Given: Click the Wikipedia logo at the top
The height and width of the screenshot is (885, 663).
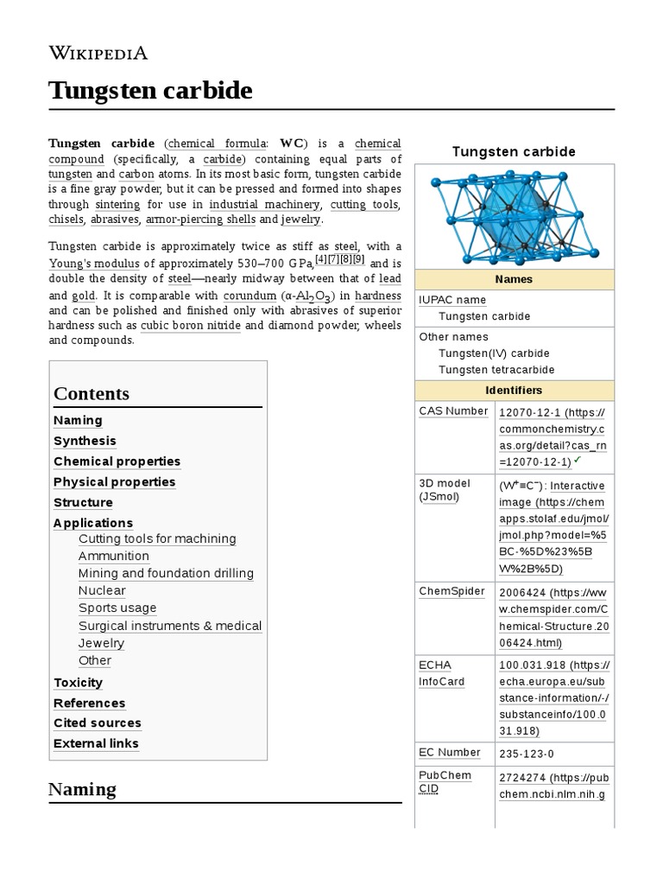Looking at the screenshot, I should pos(98,53).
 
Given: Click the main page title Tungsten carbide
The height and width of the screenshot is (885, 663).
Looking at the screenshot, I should pos(151,90).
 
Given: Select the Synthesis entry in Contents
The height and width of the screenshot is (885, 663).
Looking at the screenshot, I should pos(85,441).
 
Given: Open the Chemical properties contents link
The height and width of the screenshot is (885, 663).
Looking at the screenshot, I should pos(117,462).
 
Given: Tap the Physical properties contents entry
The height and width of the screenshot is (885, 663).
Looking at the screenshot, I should pos(114,482).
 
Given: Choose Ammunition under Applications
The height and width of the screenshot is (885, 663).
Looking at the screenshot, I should pos(113,557).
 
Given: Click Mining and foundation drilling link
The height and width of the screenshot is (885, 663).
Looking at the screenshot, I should pos(166,574).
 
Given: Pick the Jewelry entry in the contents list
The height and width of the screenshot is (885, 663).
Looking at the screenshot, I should pos(101,643).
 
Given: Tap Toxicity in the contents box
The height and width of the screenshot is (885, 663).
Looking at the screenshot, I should pos(78,683).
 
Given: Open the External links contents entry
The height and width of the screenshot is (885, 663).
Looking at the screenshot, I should pos(96,743).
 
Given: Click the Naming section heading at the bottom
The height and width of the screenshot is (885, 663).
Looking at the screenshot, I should pos(82,789).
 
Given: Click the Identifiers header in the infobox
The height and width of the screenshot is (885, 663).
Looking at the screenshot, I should pos(514,391).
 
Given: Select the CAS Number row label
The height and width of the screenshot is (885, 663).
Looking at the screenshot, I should pos(453,411).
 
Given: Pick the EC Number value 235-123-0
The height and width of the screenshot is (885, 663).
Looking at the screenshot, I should pos(527,754).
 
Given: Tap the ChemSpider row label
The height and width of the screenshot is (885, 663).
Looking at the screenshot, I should pos(451,592).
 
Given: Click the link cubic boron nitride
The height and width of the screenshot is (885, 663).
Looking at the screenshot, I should pos(191,326).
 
